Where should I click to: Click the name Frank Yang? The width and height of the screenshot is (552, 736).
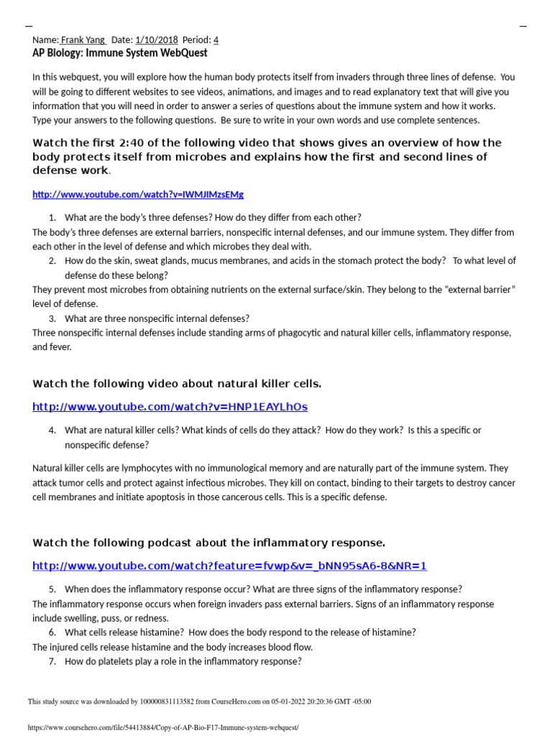pyautogui.click(x=83, y=40)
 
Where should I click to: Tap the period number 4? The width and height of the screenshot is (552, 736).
pyautogui.click(x=216, y=40)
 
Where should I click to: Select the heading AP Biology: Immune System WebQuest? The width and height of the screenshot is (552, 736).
pyautogui.click(x=120, y=53)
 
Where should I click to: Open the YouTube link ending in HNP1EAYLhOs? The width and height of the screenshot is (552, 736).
pyautogui.click(x=170, y=408)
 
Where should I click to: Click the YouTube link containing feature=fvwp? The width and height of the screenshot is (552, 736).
pyautogui.click(x=229, y=566)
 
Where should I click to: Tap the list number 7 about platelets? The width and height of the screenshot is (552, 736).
pyautogui.click(x=52, y=661)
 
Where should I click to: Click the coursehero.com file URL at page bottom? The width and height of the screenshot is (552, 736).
pyautogui.click(x=162, y=727)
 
